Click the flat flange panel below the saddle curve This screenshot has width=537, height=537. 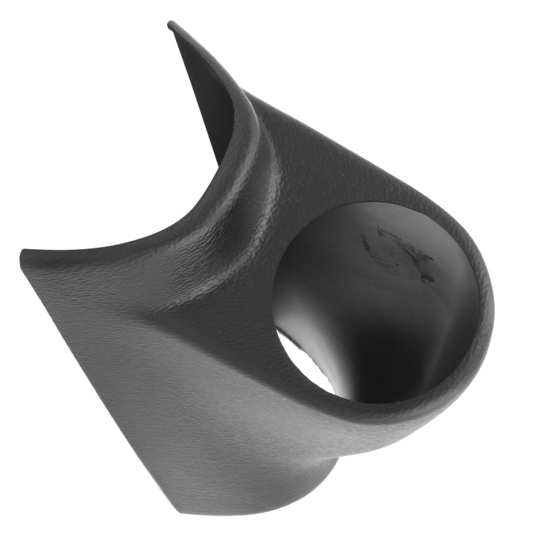(x=134, y=302)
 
